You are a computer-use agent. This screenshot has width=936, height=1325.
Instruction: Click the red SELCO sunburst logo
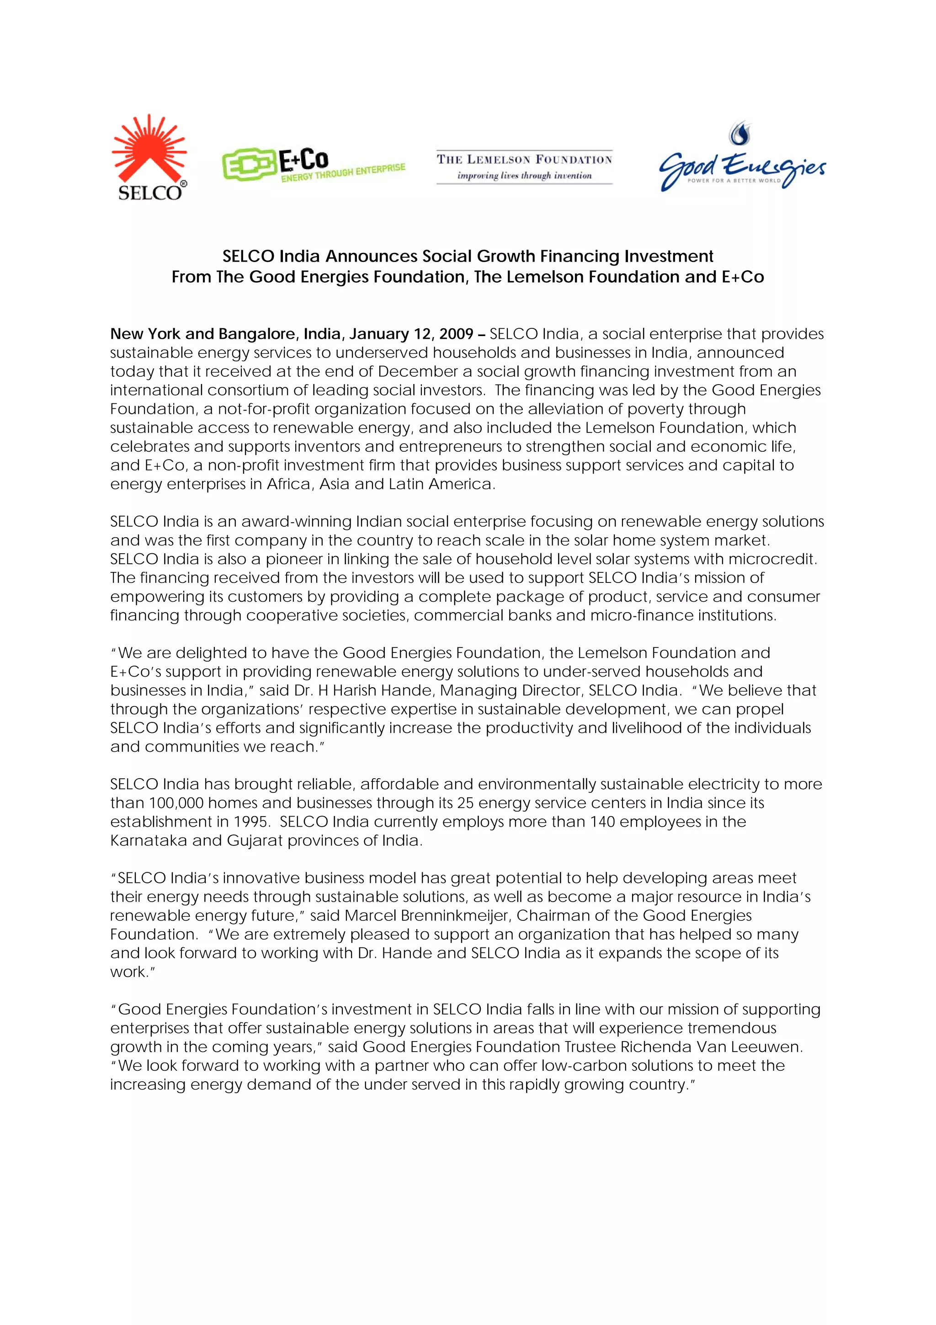149,156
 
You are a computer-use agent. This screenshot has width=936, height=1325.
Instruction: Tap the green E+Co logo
313,165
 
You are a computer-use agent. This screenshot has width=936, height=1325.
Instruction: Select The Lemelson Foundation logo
524,167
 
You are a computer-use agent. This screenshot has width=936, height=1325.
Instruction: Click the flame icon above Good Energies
740,134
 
